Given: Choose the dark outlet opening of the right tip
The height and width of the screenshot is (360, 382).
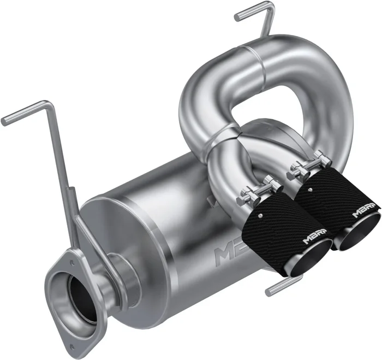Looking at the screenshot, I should pos(361,233).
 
